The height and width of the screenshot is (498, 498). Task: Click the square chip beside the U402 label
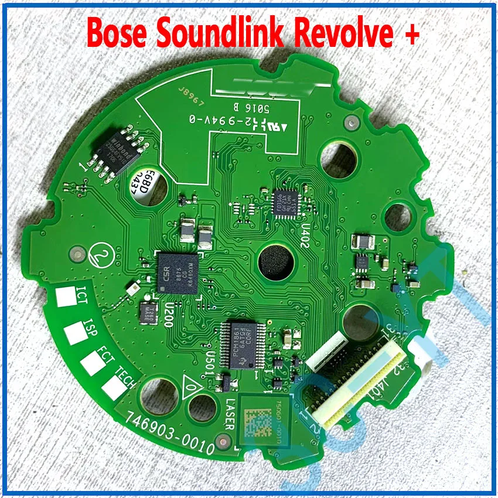[x=287, y=203]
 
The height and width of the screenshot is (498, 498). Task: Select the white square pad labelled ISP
[x=75, y=332]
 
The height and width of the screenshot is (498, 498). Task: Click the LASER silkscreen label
[x=228, y=415]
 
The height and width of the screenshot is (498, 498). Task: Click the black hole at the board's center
[x=275, y=262]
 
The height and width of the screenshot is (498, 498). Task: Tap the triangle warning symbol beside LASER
[x=191, y=386]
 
